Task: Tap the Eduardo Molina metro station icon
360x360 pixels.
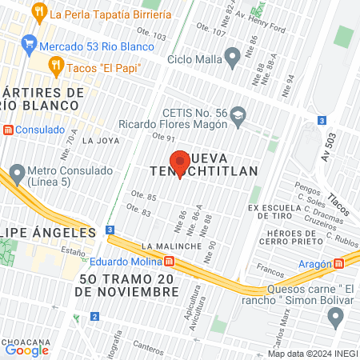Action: [x=170, y=262]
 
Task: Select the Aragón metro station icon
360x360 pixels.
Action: [x=339, y=262]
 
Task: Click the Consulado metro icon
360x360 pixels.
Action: [x=9, y=130]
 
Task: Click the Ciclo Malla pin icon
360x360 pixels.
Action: [x=233, y=58]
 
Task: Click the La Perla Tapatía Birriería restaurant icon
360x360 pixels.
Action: [x=38, y=12]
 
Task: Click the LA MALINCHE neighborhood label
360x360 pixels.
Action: [x=172, y=246]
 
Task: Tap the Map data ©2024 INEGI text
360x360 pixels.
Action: [x=312, y=354]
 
